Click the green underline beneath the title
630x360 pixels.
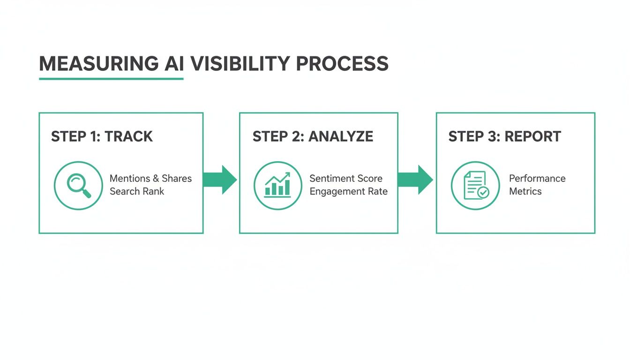tap(111, 79)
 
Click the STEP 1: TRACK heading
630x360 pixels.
tap(102, 136)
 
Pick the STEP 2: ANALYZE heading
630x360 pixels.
tap(313, 136)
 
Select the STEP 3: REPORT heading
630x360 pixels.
tap(504, 136)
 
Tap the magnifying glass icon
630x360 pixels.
tap(78, 185)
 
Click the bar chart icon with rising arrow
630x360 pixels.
tap(277, 185)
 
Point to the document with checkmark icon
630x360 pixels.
tap(475, 185)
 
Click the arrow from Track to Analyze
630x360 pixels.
tap(221, 180)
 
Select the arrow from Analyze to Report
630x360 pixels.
tap(416, 180)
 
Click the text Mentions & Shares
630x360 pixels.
tap(150, 179)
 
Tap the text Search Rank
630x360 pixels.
tap(137, 191)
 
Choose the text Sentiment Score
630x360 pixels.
tap(346, 179)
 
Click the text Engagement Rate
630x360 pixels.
tap(349, 191)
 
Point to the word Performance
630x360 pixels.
tap(537, 179)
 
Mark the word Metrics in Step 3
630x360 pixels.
tap(525, 191)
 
